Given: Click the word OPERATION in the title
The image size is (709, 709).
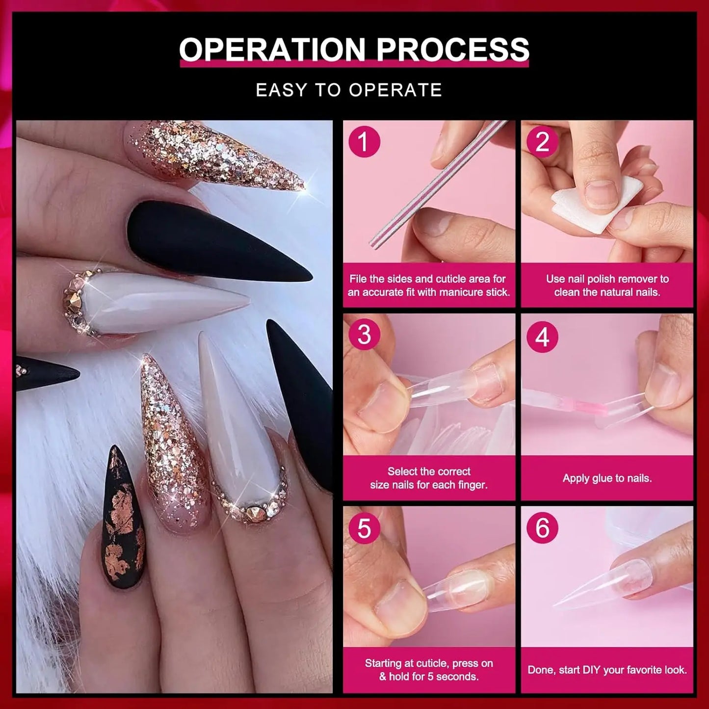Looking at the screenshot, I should (x=272, y=50).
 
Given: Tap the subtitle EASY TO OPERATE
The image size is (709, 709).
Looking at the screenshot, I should (x=349, y=90).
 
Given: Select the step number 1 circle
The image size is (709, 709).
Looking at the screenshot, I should (x=364, y=142).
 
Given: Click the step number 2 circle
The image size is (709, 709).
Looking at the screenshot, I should (x=542, y=142).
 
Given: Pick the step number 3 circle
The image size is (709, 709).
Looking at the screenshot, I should (x=364, y=335).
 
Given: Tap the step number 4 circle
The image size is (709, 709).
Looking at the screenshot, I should (x=542, y=337).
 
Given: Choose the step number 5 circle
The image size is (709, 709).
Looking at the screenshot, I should (x=364, y=528).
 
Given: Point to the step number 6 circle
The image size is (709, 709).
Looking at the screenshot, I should (x=542, y=528).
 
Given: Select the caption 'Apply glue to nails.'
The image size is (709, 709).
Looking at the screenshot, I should (x=607, y=478).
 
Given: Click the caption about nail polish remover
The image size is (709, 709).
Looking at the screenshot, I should (x=607, y=286).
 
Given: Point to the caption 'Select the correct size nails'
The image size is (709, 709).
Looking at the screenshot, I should (x=429, y=478).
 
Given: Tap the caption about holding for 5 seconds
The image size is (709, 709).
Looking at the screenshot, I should (x=429, y=670).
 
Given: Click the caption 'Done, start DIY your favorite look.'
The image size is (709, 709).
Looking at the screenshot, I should (x=607, y=670).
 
